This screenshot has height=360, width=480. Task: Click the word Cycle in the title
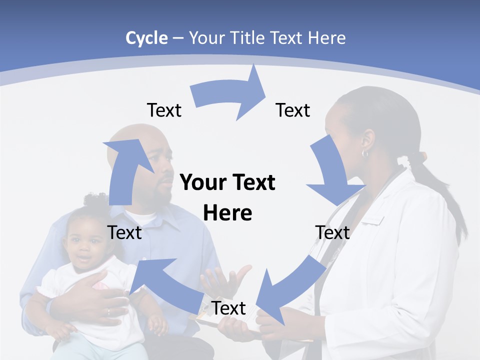click(x=146, y=38)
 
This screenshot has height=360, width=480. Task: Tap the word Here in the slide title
click(x=326, y=38)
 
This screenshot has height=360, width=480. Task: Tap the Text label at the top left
click(x=164, y=110)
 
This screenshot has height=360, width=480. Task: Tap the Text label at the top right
click(x=293, y=110)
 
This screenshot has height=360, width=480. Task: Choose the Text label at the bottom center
click(x=228, y=308)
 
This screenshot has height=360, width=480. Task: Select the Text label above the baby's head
click(x=124, y=232)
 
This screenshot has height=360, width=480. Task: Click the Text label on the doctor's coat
click(x=332, y=232)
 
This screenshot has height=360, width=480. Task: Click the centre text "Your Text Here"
click(x=227, y=197)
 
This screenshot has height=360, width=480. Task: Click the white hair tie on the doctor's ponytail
click(x=405, y=161)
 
